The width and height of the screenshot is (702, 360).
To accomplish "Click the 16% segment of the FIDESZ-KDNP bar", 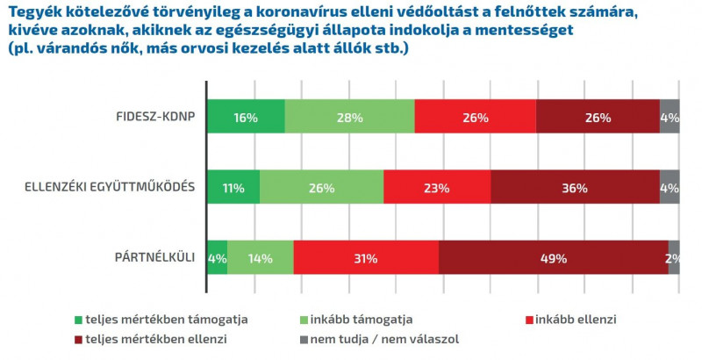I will tap(246, 117).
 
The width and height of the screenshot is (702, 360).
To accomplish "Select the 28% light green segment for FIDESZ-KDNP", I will tap(349, 117).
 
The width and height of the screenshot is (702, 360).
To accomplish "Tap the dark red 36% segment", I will tap(575, 187).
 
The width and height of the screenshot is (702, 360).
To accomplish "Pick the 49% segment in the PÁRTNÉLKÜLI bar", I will tap(553, 258).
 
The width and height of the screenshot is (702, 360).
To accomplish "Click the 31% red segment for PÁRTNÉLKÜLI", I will tap(366, 258).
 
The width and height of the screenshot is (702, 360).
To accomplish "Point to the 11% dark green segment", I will tap(233, 187).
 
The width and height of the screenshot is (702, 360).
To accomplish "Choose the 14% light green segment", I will tap(260, 258).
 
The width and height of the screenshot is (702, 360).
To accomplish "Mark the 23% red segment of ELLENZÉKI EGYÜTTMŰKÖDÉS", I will tap(437, 187).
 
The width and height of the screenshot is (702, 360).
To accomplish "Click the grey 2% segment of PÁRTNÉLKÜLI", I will tap(674, 258).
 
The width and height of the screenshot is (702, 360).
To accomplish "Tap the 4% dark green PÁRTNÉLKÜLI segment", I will tap(217, 258).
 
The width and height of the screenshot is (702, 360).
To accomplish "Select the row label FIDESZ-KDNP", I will tap(156, 117).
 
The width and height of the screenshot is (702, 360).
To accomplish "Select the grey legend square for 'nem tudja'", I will tap(304, 338).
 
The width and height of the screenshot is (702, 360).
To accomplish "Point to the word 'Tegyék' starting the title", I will tap(32, 12).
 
